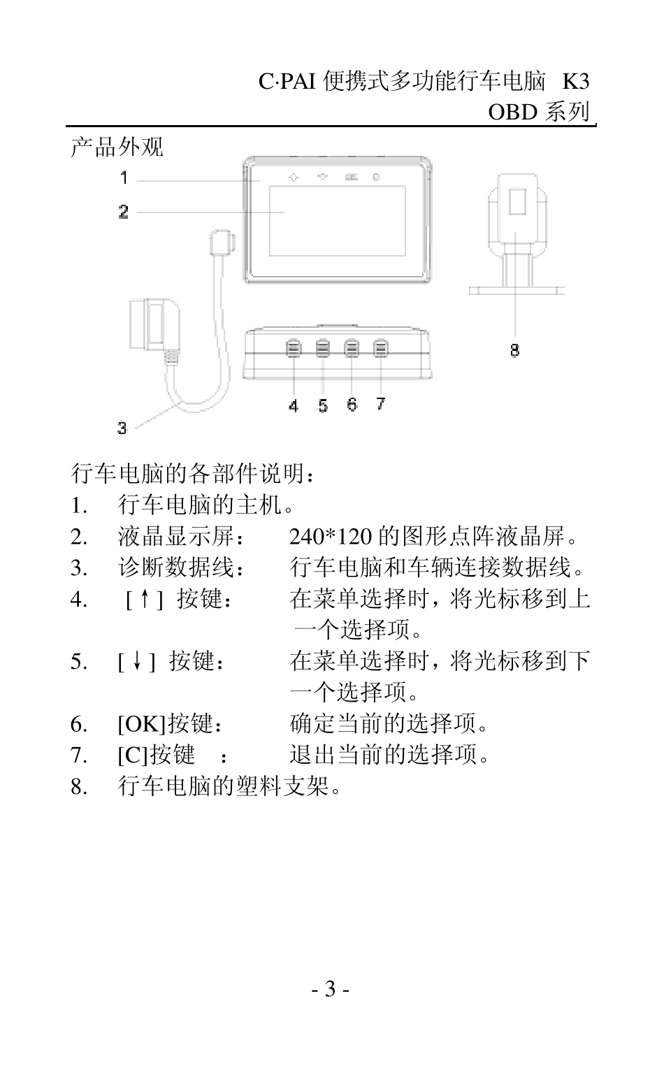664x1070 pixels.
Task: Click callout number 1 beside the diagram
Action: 124,178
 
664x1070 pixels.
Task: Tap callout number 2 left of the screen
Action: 124,211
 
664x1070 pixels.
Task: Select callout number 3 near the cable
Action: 122,428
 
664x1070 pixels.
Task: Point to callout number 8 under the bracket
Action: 514,350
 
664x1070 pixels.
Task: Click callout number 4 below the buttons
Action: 294,405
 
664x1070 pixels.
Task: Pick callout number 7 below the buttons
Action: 380,403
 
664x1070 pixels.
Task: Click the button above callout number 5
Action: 323,348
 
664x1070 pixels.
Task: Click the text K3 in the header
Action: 575,82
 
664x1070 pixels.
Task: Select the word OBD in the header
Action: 512,113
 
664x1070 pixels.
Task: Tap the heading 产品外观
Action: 117,147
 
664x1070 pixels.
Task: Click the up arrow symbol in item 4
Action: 144,599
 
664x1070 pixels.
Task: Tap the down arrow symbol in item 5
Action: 136,661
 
